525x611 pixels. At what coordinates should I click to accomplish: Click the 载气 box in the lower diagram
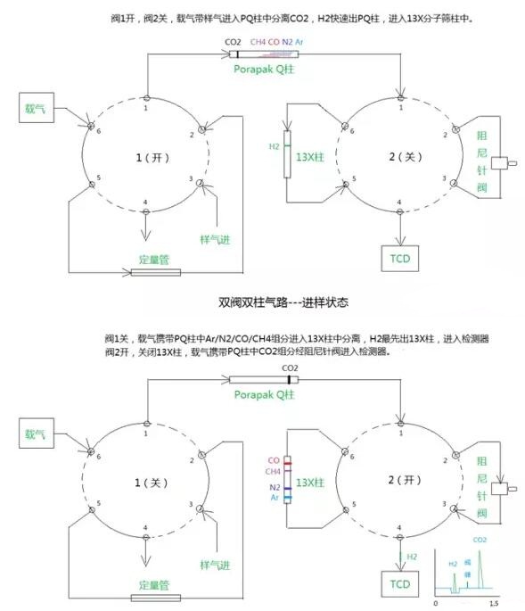pyautogui.click(x=37, y=435)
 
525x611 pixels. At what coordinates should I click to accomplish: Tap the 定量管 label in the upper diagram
pyautogui.click(x=154, y=259)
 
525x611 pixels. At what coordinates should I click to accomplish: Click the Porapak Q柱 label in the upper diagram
pyautogui.click(x=264, y=68)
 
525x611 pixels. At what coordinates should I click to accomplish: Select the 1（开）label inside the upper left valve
pyautogui.click(x=147, y=157)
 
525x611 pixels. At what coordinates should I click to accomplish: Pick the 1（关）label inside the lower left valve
pyautogui.click(x=147, y=483)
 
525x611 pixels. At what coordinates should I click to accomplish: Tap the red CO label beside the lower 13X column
pyautogui.click(x=274, y=461)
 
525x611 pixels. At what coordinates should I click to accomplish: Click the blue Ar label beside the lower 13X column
pyautogui.click(x=275, y=498)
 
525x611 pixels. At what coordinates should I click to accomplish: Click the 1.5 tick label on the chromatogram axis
pyautogui.click(x=492, y=604)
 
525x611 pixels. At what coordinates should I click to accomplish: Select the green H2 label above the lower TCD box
pyautogui.click(x=412, y=556)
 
